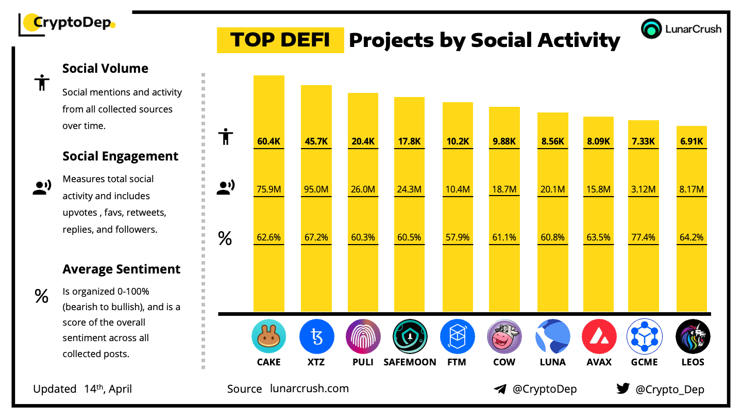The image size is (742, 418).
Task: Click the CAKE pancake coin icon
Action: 268,336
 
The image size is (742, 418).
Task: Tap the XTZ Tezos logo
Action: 316,336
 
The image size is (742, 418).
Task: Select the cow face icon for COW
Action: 504,336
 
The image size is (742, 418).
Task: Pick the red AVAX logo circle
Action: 599,336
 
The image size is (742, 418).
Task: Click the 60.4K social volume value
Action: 268,141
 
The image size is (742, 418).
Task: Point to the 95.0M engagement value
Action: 316,189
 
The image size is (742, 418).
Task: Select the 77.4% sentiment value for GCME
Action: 644,237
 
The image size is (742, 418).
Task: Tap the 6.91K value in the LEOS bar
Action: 691,141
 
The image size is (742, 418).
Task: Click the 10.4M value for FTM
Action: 458,189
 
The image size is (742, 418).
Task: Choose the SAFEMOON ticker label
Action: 410,362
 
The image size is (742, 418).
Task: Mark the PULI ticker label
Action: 363,362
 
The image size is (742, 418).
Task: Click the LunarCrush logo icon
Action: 651,29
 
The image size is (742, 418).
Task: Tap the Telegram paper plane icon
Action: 499,389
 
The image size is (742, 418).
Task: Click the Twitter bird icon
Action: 623,389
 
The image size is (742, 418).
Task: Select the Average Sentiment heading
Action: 121,269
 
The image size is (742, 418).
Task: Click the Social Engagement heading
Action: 120,156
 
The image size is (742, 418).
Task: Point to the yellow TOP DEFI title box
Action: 280,40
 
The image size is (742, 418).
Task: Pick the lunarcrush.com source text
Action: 309,388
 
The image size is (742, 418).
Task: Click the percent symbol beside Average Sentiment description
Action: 41,296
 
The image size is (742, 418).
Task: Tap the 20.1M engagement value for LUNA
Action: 552,189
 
